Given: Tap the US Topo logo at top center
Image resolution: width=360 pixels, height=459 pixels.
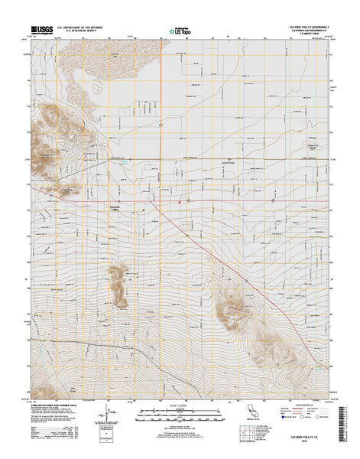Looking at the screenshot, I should [x=179, y=31].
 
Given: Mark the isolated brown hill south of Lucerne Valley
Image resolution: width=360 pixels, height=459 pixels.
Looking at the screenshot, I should [x=118, y=283].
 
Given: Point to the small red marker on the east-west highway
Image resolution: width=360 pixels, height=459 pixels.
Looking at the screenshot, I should [x=179, y=201].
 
